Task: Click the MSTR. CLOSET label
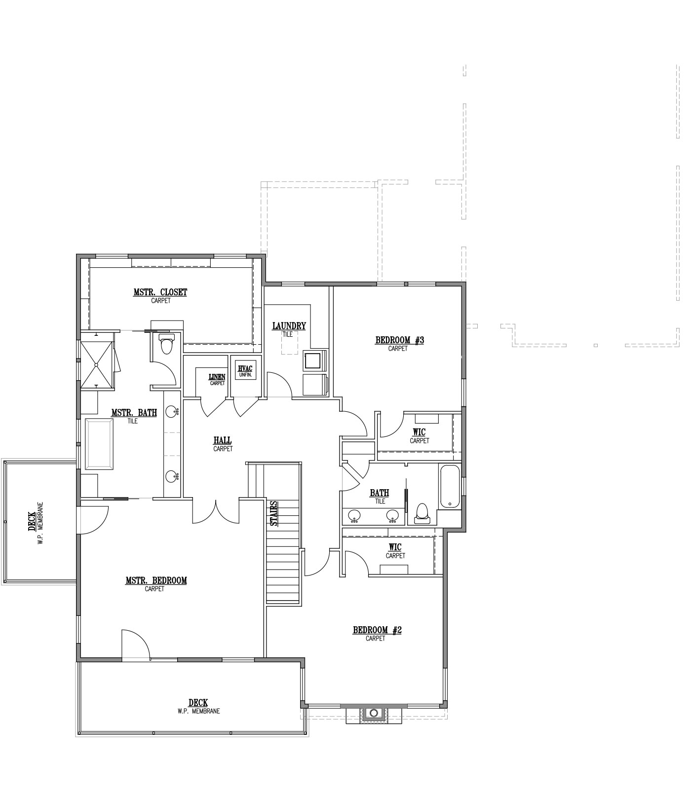pos(160,292)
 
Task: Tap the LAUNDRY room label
pos(289,326)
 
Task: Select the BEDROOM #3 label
pos(400,340)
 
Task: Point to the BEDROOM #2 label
pos(377,630)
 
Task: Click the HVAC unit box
pos(245,370)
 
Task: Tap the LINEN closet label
pos(217,377)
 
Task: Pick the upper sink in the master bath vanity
pos(171,411)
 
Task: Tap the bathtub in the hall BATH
pos(449,486)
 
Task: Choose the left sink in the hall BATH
pos(355,516)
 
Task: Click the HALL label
pos(223,440)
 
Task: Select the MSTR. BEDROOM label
pos(156,580)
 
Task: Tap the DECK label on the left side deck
pos(32,521)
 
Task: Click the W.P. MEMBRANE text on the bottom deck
pos(198,712)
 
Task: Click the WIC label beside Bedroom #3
pos(419,432)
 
